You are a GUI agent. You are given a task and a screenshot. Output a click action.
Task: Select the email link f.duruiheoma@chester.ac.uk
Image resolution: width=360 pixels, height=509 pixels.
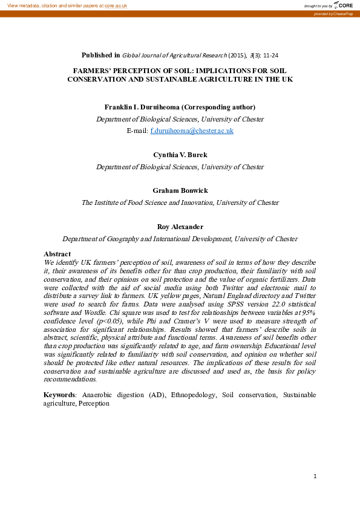(191, 131)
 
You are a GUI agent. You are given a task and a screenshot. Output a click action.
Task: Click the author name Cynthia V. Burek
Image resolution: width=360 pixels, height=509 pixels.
(180, 155)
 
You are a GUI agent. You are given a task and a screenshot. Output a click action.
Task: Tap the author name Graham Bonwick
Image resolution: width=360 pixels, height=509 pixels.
(180, 190)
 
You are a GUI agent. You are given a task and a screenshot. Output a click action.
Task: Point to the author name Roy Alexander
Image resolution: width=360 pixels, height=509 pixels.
(180, 227)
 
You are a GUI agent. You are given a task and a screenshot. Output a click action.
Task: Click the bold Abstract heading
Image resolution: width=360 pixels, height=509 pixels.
(57, 254)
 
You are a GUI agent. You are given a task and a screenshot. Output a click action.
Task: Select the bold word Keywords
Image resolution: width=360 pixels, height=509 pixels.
(59, 395)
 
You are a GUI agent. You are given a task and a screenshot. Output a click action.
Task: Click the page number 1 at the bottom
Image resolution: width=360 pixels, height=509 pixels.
(315, 476)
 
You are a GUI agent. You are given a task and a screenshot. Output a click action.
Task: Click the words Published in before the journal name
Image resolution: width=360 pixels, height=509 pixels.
(101, 55)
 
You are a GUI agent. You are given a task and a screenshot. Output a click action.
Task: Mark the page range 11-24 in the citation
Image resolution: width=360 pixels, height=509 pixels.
(267, 55)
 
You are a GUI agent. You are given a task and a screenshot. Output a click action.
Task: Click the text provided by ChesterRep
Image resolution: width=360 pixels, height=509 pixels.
(333, 13)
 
